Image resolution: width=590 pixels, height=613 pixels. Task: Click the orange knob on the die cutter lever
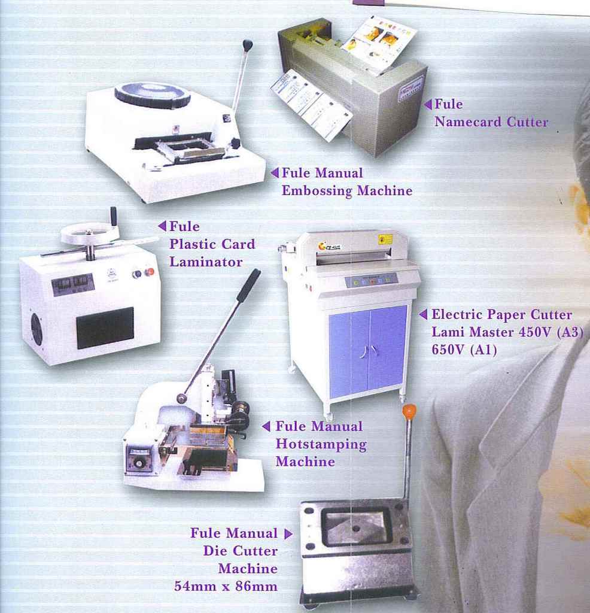pos(409,412)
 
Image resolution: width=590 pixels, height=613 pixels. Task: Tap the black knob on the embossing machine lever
pos(247,45)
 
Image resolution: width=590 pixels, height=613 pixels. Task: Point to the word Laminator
pos(206,262)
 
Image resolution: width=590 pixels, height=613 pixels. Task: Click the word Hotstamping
pos(321,445)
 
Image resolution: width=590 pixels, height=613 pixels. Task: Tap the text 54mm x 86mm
pos(226,586)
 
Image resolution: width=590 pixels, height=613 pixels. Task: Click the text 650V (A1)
pos(464,349)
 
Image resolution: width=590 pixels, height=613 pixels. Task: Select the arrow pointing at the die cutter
pos(288,533)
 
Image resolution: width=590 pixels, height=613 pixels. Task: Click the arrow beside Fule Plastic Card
pos(162,226)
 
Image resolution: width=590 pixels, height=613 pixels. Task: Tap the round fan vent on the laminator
pos(37,329)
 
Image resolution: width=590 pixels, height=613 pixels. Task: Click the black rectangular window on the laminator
pos(105,327)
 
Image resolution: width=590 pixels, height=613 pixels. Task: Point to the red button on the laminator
pos(149,272)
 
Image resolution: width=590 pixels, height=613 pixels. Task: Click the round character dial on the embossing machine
pos(153,95)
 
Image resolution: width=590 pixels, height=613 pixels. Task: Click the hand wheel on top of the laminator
pos(90,233)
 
